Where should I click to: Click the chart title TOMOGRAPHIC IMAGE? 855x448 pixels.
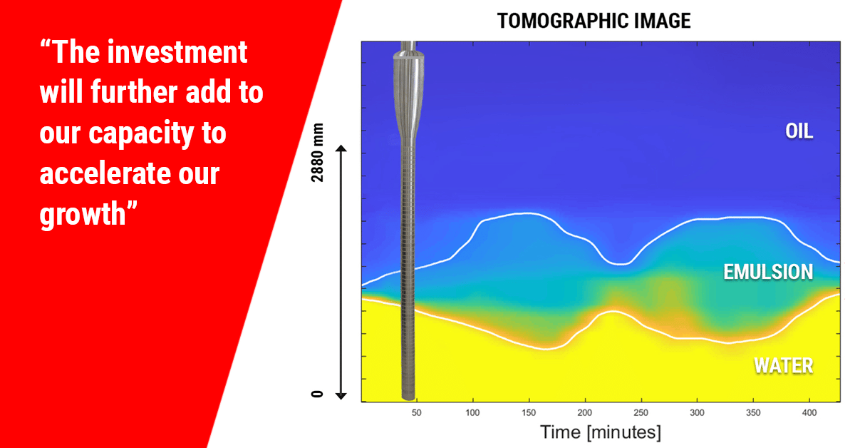point(594,21)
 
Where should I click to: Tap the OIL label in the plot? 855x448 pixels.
point(799,131)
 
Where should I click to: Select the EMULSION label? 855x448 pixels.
point(768,273)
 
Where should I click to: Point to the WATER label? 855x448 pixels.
point(784,366)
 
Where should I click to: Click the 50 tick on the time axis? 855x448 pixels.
point(416,413)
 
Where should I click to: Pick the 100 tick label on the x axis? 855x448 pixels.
point(472,413)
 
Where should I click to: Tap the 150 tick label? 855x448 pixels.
point(529,413)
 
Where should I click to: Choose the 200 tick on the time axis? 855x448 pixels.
point(585,413)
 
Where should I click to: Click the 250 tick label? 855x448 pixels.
point(641,413)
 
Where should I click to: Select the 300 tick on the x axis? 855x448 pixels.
point(697,413)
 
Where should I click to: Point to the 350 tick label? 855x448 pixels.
point(753,413)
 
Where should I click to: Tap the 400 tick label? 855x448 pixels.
point(809,413)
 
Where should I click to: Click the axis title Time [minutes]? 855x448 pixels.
point(601,432)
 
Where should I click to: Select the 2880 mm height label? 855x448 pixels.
point(317,153)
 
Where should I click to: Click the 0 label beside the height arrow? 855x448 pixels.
point(317,394)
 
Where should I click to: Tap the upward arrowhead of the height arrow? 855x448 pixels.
point(341,148)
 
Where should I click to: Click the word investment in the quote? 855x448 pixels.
point(177,52)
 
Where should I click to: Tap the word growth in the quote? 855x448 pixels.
point(83,215)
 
